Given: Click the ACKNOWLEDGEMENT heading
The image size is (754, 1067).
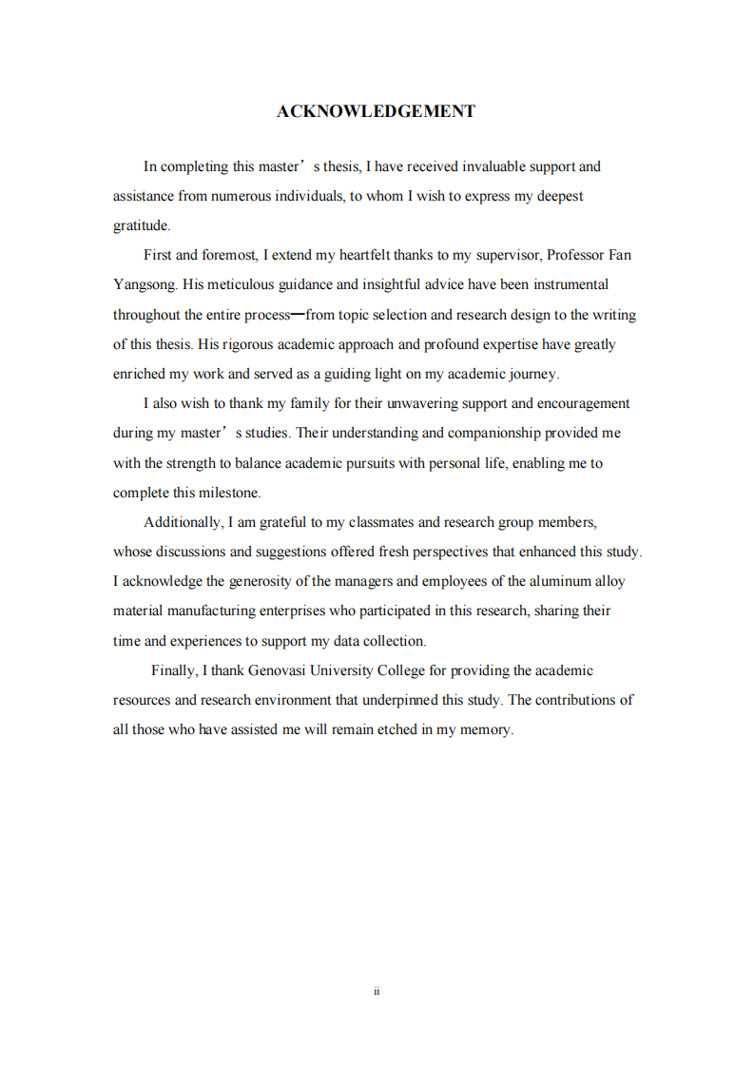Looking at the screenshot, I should click(376, 111).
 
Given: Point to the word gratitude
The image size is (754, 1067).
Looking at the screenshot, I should click(141, 226).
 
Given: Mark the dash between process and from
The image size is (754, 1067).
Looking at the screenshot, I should click(297, 314).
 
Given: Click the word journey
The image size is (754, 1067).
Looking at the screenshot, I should click(530, 374).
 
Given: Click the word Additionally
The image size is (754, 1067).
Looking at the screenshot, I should click(183, 522).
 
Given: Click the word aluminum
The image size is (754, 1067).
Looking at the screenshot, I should click(560, 581).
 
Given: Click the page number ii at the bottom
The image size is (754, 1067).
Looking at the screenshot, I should click(377, 991).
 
